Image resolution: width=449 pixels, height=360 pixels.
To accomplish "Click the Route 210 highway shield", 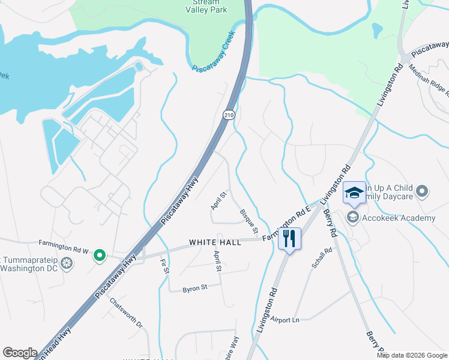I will pyautogui.click(x=229, y=115).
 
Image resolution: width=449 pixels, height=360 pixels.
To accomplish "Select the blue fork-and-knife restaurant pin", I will pyautogui.click(x=289, y=238).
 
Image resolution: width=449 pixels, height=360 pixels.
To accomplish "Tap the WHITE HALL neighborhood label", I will pyautogui.click(x=215, y=242).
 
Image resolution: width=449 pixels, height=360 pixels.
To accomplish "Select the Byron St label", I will pyautogui.click(x=195, y=288).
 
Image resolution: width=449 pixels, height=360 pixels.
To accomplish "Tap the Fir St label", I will pyautogui.click(x=164, y=268).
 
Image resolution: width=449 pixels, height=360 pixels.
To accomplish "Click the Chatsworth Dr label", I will pyautogui.click(x=127, y=314).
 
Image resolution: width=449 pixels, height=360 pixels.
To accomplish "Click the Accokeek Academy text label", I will pyautogui.click(x=399, y=218).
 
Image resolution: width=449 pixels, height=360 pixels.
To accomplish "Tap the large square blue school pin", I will pyautogui.click(x=354, y=193).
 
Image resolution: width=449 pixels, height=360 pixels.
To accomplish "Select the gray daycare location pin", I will pyautogui.click(x=423, y=192).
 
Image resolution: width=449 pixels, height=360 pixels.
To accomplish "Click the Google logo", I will pyautogui.click(x=20, y=353).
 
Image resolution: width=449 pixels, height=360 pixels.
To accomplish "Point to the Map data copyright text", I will pyautogui.click(x=412, y=355).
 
